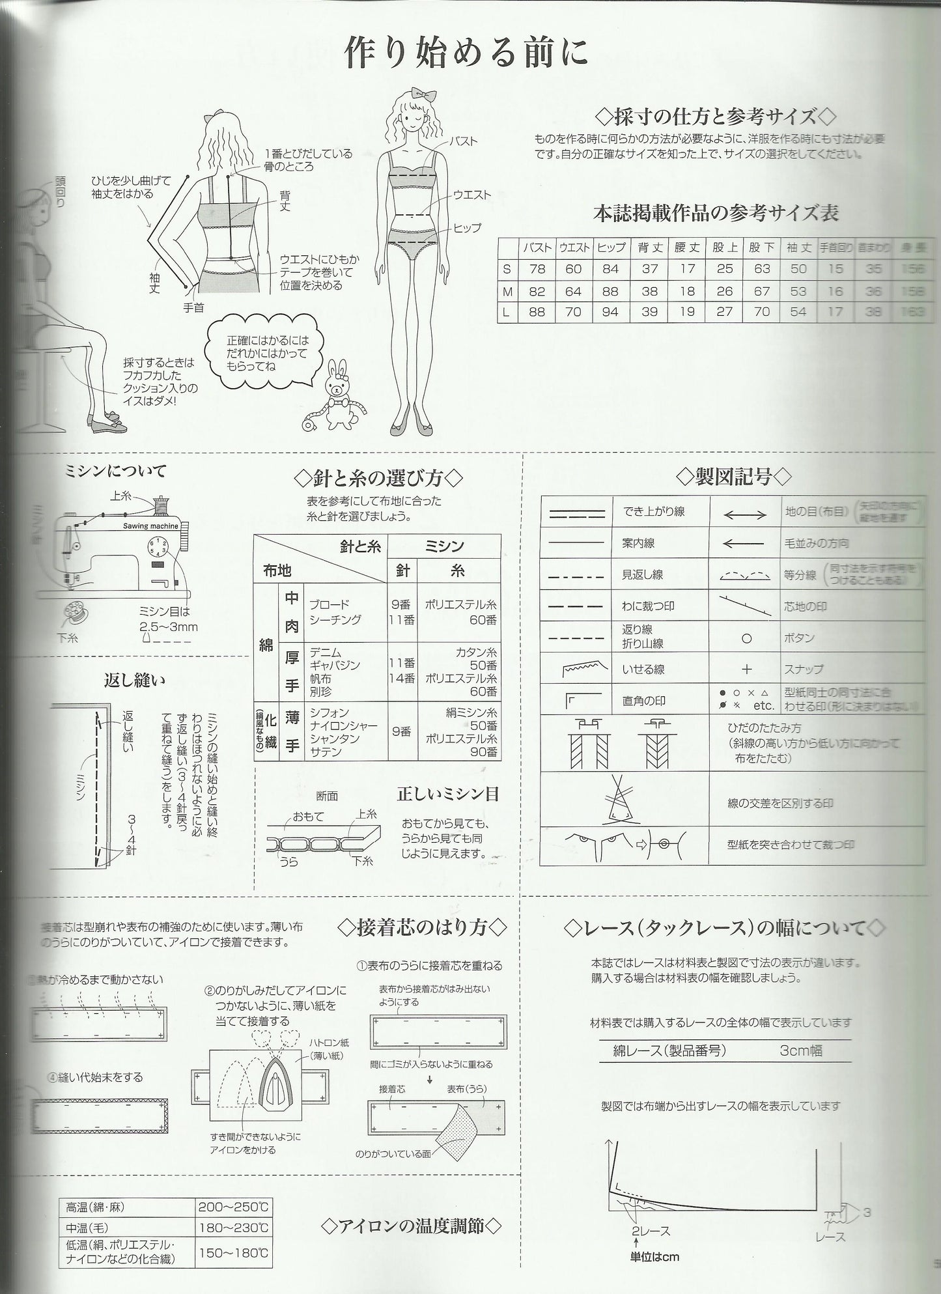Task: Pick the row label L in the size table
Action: pyautogui.click(x=507, y=312)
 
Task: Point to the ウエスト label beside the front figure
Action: pyautogui.click(x=473, y=195)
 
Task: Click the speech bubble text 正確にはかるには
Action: pyautogui.click(x=268, y=341)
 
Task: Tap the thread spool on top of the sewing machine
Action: pyautogui.click(x=161, y=503)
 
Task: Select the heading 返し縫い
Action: pyautogui.click(x=135, y=680)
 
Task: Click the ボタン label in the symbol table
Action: pyautogui.click(x=799, y=638)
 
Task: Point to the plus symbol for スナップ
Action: pyautogui.click(x=746, y=669)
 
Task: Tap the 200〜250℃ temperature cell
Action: pyautogui.click(x=234, y=1206)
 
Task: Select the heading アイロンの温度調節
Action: pyautogui.click(x=412, y=1226)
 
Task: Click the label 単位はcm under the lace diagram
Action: pyautogui.click(x=654, y=1256)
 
